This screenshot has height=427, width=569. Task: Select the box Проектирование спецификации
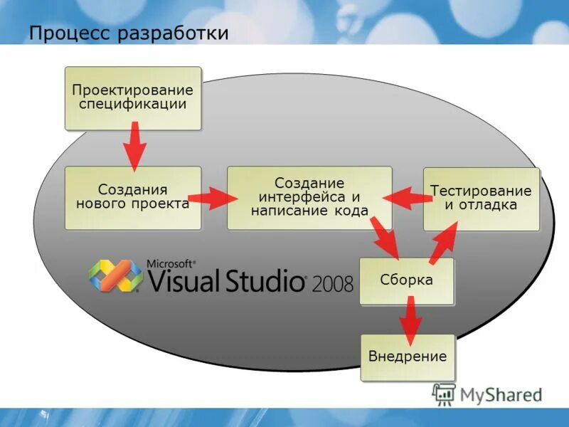[133, 98]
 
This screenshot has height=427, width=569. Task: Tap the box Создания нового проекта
[133, 197]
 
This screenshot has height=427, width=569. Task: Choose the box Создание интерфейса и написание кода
[309, 197]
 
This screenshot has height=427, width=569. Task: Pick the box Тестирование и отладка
[482, 199]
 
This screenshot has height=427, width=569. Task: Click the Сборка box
[406, 280]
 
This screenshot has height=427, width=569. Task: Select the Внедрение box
[408, 357]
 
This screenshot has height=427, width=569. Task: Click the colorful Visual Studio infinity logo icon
[115, 275]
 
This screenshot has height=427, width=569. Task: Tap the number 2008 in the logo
[331, 284]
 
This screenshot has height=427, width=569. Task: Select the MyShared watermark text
[501, 394]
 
